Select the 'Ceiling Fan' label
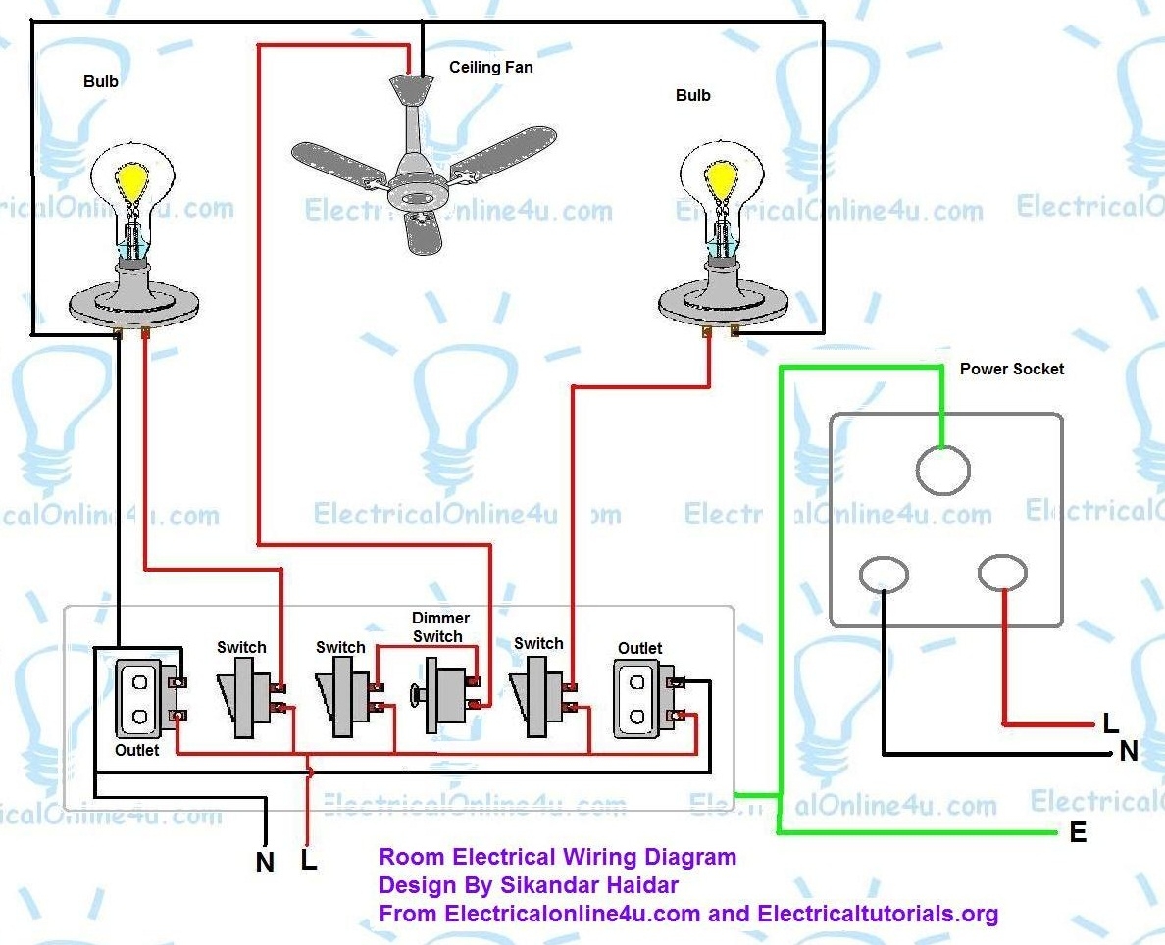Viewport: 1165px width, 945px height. click(x=491, y=68)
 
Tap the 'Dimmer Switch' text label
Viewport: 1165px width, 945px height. click(x=439, y=627)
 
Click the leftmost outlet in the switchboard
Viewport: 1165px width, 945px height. click(x=139, y=699)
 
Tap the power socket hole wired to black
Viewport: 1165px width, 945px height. click(x=884, y=574)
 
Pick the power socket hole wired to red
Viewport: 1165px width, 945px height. click(x=1002, y=573)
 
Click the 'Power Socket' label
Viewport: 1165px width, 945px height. click(x=1011, y=370)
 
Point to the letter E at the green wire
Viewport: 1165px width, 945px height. click(x=1078, y=833)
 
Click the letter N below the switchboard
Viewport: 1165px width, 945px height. click(x=265, y=863)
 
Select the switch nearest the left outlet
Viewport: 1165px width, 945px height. click(x=241, y=697)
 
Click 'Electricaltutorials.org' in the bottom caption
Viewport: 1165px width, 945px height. click(x=878, y=914)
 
